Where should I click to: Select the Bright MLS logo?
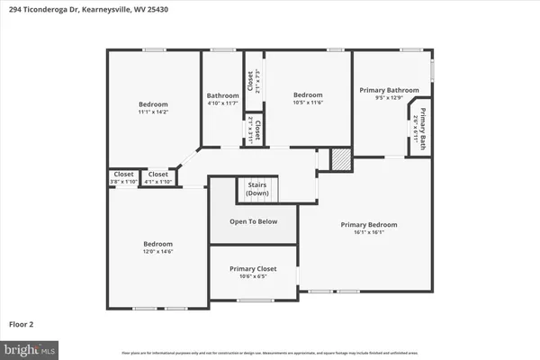[30, 346]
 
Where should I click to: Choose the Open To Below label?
[253, 220]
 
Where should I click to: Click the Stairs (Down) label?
[257, 190]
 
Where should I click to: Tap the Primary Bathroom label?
[390, 90]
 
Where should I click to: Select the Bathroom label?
[222, 95]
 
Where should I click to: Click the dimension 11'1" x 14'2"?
[153, 112]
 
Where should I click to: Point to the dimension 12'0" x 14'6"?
[157, 252]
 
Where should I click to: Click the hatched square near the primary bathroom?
[340, 158]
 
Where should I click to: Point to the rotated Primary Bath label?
[419, 130]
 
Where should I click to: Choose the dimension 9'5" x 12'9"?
[390, 98]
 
